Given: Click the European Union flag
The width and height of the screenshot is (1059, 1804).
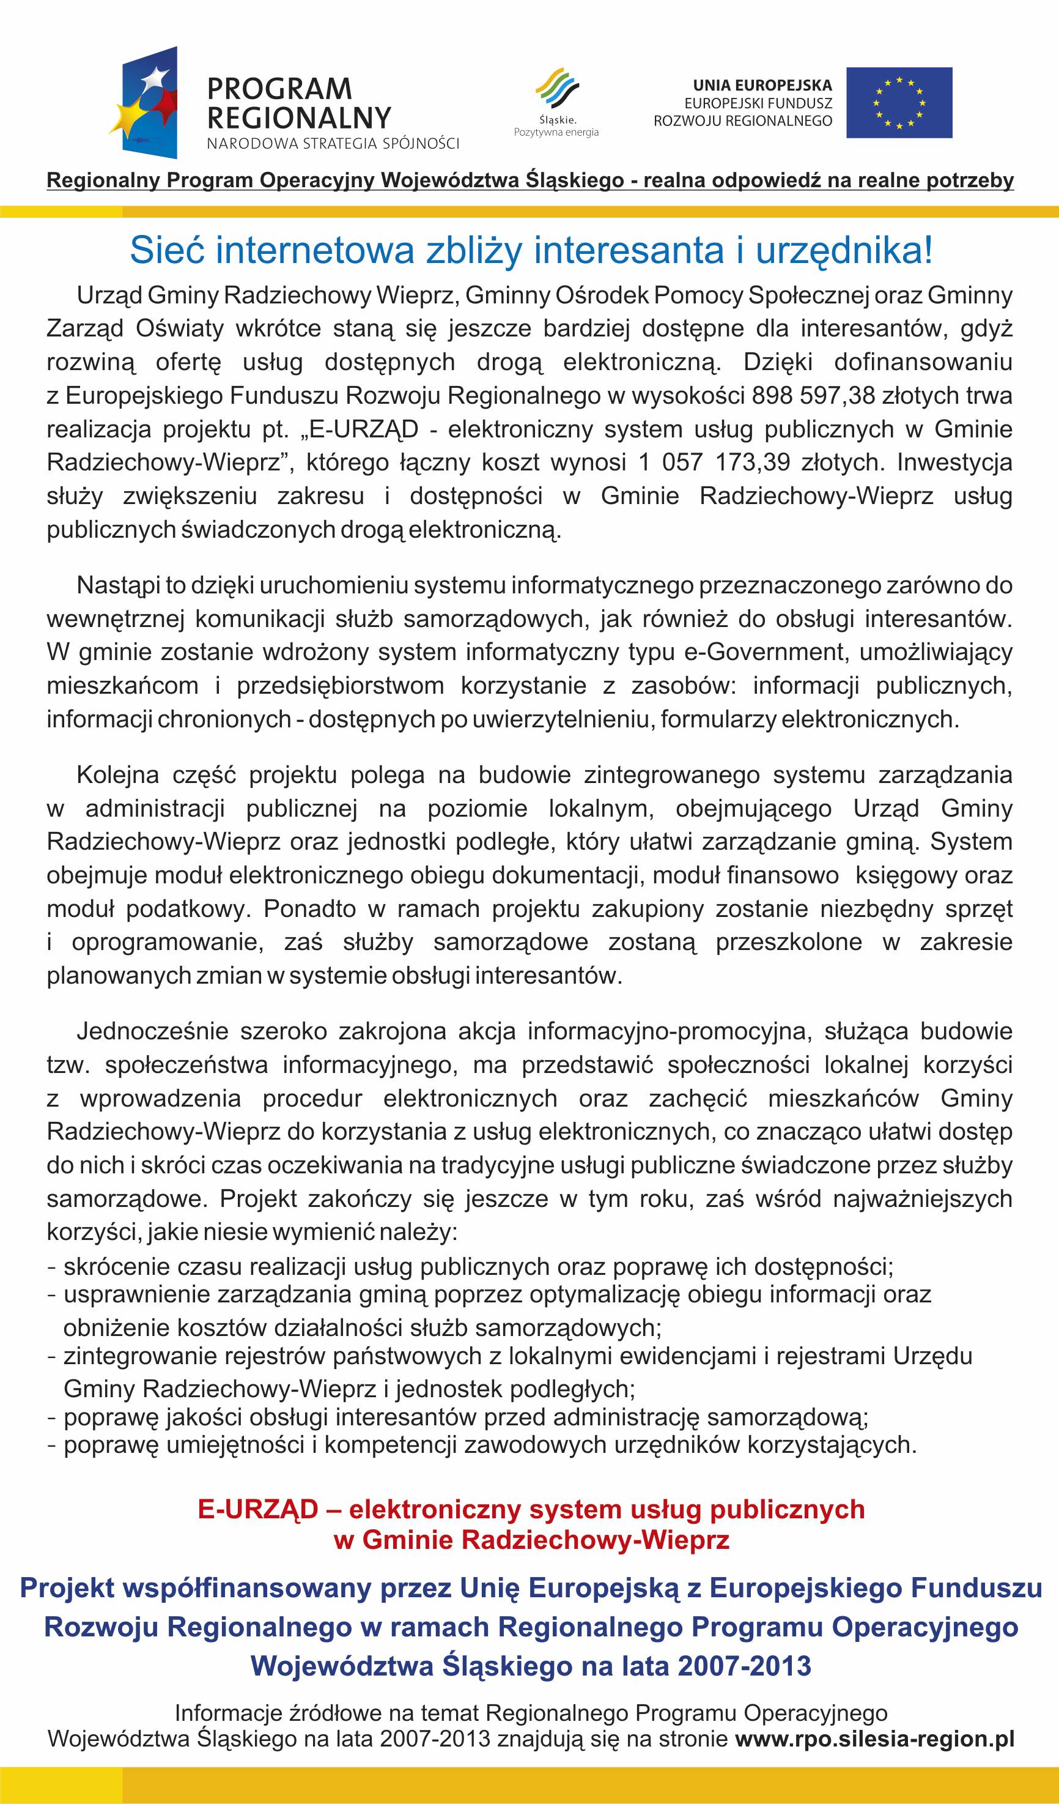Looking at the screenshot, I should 899,102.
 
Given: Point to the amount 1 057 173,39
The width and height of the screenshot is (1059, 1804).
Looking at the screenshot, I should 714,462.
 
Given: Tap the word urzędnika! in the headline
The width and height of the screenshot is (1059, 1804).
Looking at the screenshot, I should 844,251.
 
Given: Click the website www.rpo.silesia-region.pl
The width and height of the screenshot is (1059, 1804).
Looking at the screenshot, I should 874,1739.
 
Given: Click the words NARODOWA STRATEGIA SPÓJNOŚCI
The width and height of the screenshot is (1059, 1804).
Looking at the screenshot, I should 333,144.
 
